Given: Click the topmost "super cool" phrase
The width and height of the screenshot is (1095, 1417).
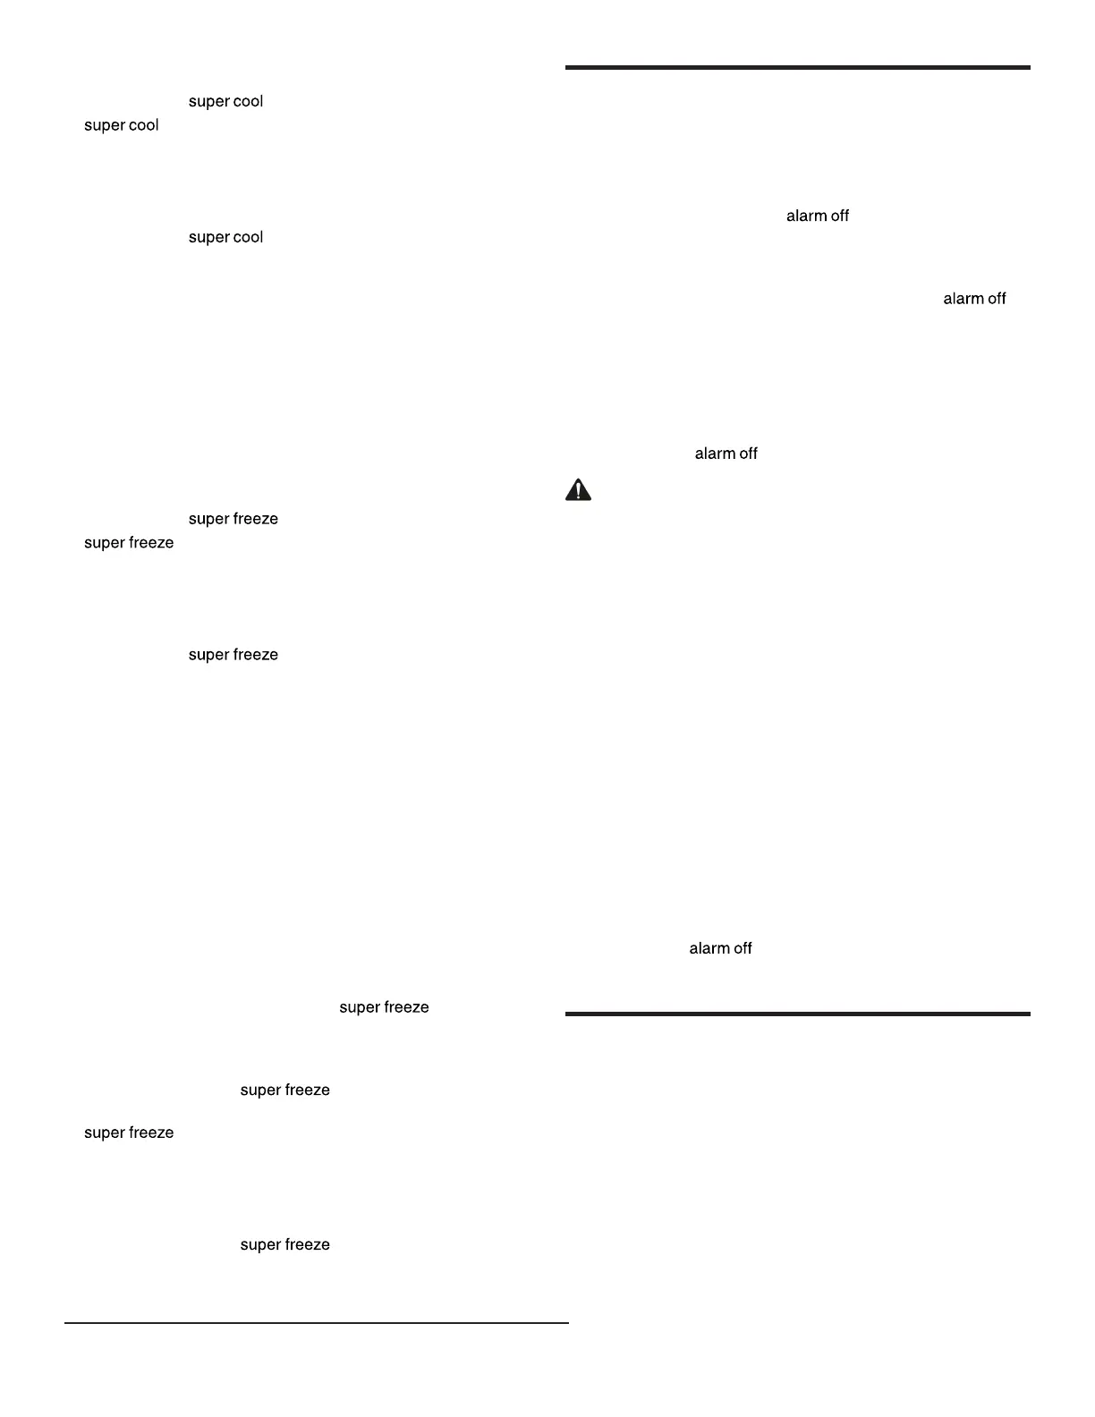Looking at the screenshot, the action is click(225, 102).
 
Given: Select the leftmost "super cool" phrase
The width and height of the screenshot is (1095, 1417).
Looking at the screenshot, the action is click(121, 126).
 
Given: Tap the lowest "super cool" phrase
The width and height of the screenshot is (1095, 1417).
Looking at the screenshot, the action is click(225, 238).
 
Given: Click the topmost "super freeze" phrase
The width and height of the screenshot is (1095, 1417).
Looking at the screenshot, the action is click(233, 520).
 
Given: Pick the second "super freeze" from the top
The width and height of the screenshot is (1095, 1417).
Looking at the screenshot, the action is click(128, 543).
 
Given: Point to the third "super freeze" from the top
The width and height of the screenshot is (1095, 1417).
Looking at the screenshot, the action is click(233, 656).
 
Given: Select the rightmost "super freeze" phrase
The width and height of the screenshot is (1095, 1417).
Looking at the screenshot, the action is click(384, 1008).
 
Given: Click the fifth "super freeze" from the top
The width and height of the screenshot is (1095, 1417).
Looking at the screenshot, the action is click(284, 1090).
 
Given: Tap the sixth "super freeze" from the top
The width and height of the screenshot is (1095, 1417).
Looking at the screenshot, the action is click(128, 1133).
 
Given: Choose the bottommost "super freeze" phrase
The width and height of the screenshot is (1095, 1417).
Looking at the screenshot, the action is click(284, 1245).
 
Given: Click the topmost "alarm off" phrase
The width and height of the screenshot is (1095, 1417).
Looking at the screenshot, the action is click(817, 216).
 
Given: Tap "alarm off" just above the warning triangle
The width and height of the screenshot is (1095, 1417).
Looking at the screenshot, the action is click(726, 454).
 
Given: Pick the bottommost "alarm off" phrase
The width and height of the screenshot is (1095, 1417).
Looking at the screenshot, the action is click(720, 949).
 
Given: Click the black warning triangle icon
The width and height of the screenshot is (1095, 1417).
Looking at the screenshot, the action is click(579, 490).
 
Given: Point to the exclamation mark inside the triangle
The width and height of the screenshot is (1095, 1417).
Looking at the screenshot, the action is click(579, 491).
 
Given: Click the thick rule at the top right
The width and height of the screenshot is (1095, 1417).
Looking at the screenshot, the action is click(797, 67).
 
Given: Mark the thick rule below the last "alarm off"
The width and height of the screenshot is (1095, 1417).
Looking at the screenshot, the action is click(797, 1014).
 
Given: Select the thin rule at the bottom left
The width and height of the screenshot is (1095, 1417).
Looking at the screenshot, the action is click(316, 1323).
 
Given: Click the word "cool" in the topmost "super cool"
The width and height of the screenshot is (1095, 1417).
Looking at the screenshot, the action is click(248, 102).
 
